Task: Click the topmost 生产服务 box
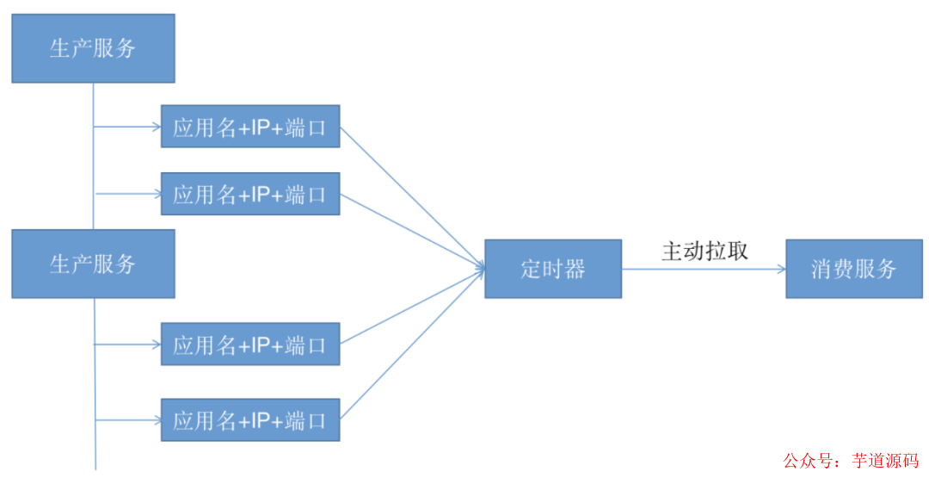pyautogui.click(x=93, y=48)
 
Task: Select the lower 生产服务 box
pyautogui.click(x=93, y=264)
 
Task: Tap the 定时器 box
pyautogui.click(x=553, y=269)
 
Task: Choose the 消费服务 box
pyautogui.click(x=854, y=269)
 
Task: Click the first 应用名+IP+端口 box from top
pyautogui.click(x=250, y=127)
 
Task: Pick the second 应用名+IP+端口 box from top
pyautogui.click(x=250, y=194)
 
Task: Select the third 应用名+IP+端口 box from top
pyautogui.click(x=250, y=345)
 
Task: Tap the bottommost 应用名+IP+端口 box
pyautogui.click(x=250, y=419)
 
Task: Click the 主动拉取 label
pyautogui.click(x=704, y=251)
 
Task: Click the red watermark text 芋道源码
pyautogui.click(x=884, y=461)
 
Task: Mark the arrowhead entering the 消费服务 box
pyautogui.click(x=780, y=269)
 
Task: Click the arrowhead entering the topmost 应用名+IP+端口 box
pyautogui.click(x=156, y=127)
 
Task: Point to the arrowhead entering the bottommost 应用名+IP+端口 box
pyautogui.click(x=156, y=419)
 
